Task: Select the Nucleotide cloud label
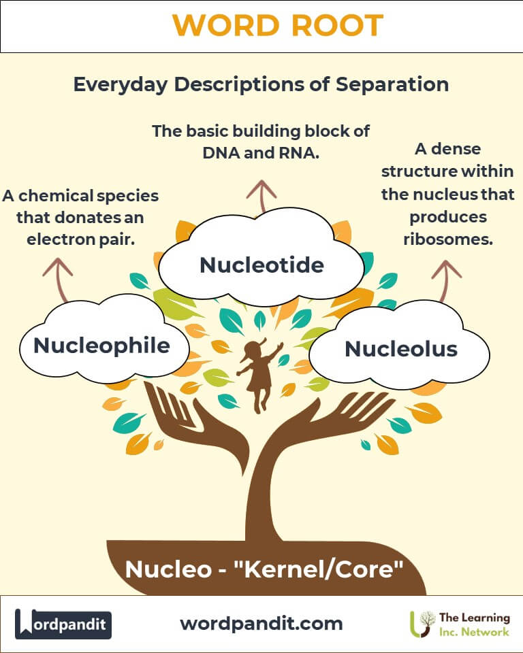click(x=261, y=265)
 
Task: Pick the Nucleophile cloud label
click(x=101, y=345)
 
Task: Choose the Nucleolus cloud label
click(x=400, y=349)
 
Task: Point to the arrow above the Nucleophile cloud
click(x=58, y=279)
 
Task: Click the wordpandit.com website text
click(x=261, y=623)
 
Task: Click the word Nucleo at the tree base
click(x=168, y=569)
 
